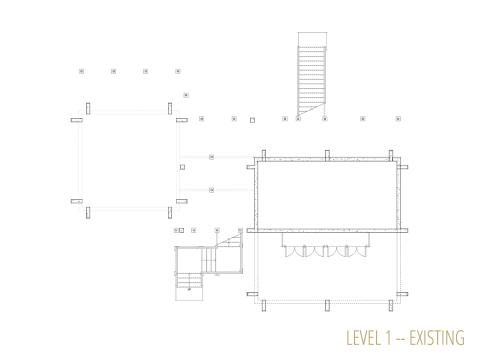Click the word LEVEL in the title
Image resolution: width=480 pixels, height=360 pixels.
tap(363, 338)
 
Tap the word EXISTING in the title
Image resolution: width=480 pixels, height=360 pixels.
tap(437, 338)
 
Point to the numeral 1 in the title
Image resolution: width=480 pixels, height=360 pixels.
tap(387, 338)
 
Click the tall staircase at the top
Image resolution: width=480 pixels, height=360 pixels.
tap(312, 74)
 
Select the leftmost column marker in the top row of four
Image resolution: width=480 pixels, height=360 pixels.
tap(81, 71)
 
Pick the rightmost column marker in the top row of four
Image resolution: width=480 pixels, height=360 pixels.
tap(178, 71)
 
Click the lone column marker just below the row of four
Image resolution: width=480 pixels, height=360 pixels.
tap(186, 95)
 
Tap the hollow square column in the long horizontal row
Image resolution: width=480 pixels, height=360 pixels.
tap(252, 120)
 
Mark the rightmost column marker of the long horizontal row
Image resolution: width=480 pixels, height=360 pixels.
tap(398, 118)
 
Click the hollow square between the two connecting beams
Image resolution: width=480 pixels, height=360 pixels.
tap(182, 167)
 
